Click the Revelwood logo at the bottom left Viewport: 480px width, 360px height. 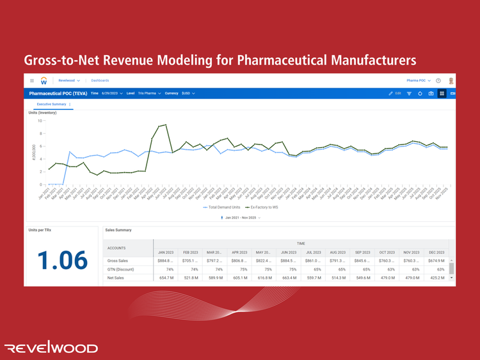51,348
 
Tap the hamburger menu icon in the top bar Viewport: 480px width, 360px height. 32,81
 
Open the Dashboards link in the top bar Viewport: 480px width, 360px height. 100,81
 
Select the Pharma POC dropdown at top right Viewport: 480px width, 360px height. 419,81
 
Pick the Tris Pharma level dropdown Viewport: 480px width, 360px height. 149,93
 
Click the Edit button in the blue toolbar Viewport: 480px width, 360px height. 395,93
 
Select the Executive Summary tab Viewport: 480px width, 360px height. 51,104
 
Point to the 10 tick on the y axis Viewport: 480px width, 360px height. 40,120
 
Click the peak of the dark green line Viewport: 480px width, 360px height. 166,125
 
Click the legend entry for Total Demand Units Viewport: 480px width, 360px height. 222,207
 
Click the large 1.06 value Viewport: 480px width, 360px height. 62,260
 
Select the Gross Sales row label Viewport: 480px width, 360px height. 118,261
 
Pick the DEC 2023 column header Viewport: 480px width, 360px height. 436,252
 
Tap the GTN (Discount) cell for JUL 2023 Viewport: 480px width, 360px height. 313,270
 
